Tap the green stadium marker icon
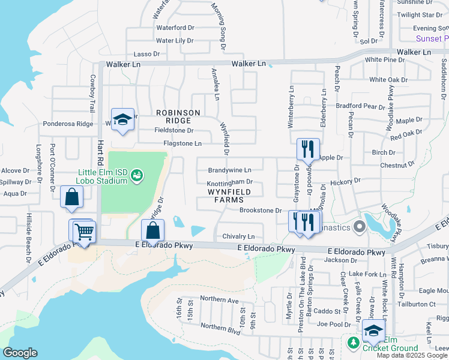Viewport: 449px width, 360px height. tap(137, 175)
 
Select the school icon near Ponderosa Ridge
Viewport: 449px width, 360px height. tap(122, 119)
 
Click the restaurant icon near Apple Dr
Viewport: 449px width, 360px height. tap(308, 149)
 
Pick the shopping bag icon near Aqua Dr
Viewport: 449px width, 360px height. tap(71, 197)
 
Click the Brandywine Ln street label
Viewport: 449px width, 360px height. tap(229, 170)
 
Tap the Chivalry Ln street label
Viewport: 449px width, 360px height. tap(238, 236)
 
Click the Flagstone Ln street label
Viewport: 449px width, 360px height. tap(182, 143)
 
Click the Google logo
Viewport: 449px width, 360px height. tap(20, 352)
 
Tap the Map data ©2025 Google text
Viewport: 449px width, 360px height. tap(412, 355)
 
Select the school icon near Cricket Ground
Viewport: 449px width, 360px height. tap(373, 331)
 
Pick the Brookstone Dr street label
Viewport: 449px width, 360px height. tap(261, 211)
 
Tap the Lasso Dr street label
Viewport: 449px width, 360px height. tap(146, 54)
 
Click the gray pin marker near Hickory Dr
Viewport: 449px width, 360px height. tap(360, 226)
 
